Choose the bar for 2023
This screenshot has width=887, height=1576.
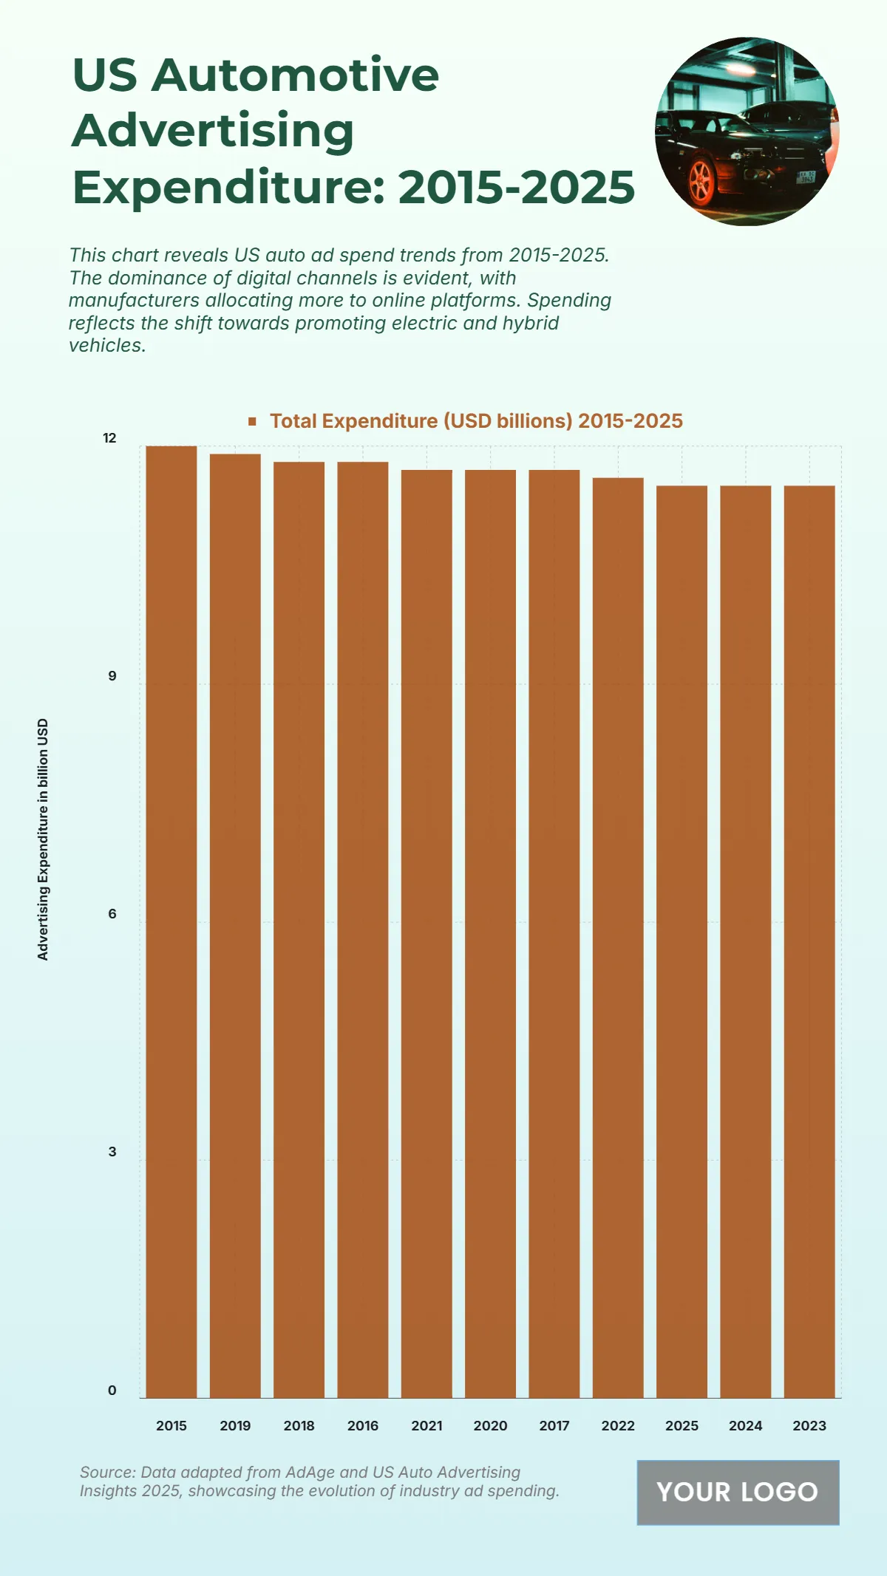click(809, 941)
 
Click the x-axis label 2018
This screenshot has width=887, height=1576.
click(299, 1425)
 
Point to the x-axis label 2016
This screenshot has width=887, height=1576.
click(363, 1425)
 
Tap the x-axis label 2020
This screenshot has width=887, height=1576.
click(490, 1425)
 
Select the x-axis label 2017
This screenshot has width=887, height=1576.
click(554, 1425)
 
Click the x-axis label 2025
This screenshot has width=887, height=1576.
click(682, 1425)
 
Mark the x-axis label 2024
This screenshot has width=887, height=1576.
click(745, 1425)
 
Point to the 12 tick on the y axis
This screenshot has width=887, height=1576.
click(109, 438)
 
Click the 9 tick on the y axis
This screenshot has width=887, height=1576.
click(112, 676)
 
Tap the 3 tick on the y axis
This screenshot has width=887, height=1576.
click(112, 1152)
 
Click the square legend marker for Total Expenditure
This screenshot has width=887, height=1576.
click(253, 421)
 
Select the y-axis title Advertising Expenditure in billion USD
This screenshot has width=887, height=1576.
click(43, 839)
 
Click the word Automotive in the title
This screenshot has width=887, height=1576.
click(295, 75)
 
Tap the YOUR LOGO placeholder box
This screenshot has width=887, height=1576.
click(738, 1492)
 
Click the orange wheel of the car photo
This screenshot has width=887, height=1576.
click(700, 181)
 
